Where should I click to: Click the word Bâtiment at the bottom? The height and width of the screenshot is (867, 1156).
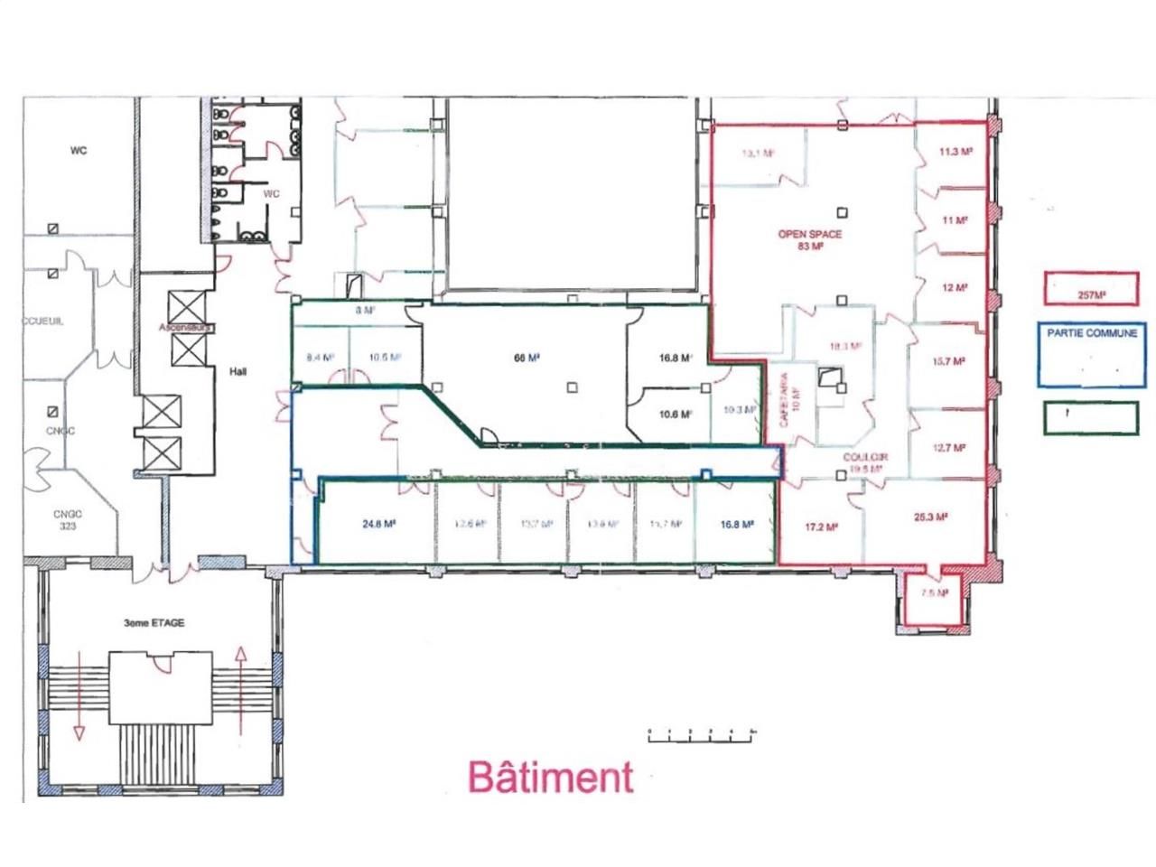point(550,776)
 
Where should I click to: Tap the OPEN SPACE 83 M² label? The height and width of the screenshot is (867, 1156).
point(810,239)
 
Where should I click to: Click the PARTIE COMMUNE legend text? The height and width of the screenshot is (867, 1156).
point(1092,333)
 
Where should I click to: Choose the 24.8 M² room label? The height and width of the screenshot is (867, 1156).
point(379,523)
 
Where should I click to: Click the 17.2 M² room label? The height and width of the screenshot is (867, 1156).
point(820,527)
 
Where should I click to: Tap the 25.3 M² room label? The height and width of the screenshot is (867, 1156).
point(929,517)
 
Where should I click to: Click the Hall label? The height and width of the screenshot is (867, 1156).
point(238,371)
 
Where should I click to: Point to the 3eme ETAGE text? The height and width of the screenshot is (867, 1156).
point(154,623)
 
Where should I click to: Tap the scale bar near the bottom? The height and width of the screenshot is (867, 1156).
point(701,735)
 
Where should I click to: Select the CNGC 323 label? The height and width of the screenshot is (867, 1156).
point(67,519)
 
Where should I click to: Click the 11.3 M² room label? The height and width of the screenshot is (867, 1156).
point(955,153)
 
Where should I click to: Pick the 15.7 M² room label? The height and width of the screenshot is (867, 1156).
point(949,362)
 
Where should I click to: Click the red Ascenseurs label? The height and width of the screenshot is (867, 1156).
point(184,327)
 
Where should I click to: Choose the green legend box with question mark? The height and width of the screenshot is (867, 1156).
point(1090,416)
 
